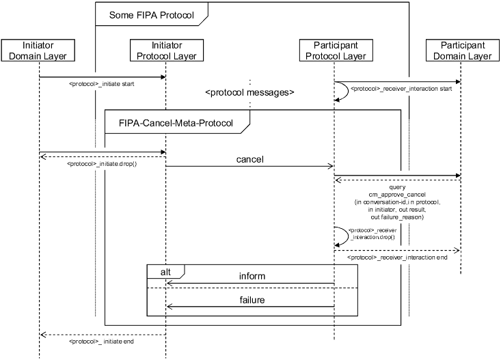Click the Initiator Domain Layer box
[x=39, y=51]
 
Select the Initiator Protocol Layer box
[x=165, y=51]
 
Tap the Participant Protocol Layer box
[x=334, y=51]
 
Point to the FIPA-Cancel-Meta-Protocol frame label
[x=176, y=124]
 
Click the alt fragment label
[x=165, y=271]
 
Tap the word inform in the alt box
[x=252, y=277]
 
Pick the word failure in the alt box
[x=252, y=300]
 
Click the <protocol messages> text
[x=249, y=92]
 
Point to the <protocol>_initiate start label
[x=101, y=85]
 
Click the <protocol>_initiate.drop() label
[x=101, y=164]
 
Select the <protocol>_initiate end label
[x=101, y=340]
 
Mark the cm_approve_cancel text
[x=396, y=195]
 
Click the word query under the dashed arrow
[x=396, y=186]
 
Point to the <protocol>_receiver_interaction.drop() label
[x=373, y=234]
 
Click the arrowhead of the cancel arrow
[x=330, y=166]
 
